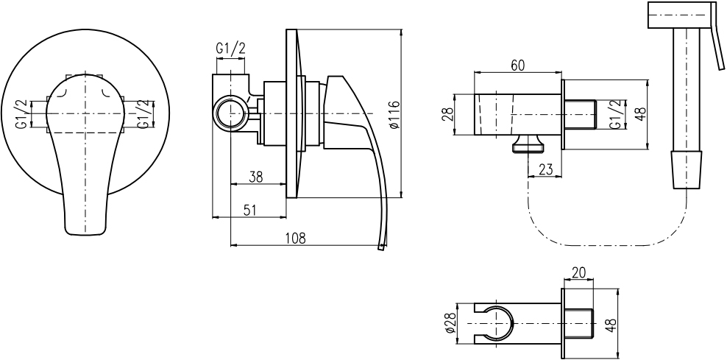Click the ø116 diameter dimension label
point(394,115)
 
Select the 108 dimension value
point(295,238)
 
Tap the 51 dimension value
point(249,210)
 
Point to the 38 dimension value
point(255,177)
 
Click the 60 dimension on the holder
point(517,66)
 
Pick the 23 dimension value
point(546,169)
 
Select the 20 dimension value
point(580,272)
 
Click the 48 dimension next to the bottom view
point(612,324)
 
